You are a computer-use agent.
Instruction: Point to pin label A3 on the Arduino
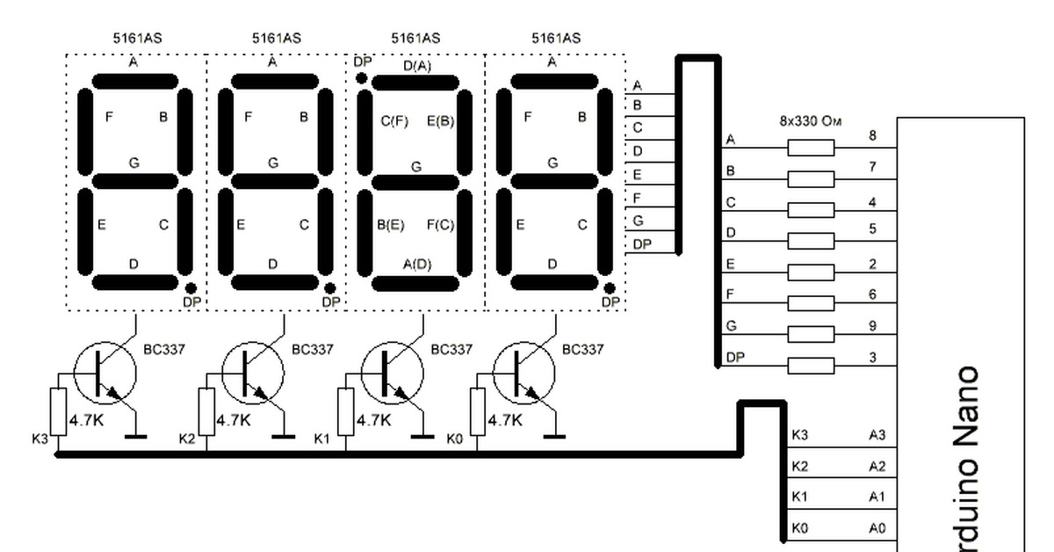877,435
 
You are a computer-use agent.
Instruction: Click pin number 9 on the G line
872,326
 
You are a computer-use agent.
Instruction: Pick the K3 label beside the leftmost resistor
40,438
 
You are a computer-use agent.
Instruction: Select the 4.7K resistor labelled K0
479,410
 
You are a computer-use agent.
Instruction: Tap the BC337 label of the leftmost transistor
164,349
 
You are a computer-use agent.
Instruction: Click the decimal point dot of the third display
361,78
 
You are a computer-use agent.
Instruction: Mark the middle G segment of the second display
273,181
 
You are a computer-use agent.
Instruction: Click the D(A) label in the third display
416,66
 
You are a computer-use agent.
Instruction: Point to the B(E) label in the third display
391,225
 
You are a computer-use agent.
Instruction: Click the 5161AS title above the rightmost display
555,38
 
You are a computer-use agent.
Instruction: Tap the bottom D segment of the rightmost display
552,282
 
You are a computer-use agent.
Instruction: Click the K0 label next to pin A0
799,529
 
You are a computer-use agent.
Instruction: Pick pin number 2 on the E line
872,265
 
